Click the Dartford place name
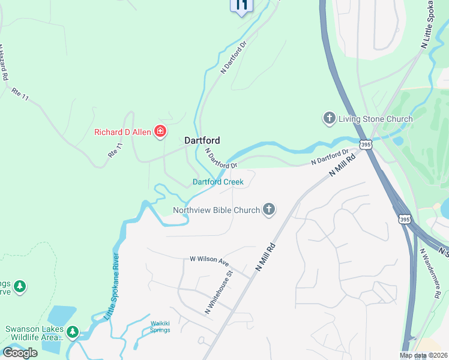tap(202, 140)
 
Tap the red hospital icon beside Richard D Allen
tap(160, 131)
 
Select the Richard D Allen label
tap(122, 132)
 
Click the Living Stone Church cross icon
tap(329, 118)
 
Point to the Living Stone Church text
tap(375, 119)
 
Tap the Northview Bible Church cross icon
tap(270, 209)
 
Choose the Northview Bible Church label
tap(217, 210)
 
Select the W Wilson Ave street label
tap(209, 260)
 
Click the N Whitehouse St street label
tap(218, 292)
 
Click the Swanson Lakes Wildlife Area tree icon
tap(73, 331)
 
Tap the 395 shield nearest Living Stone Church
tap(366, 145)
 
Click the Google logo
tap(20, 353)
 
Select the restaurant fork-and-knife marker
tap(241, 7)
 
